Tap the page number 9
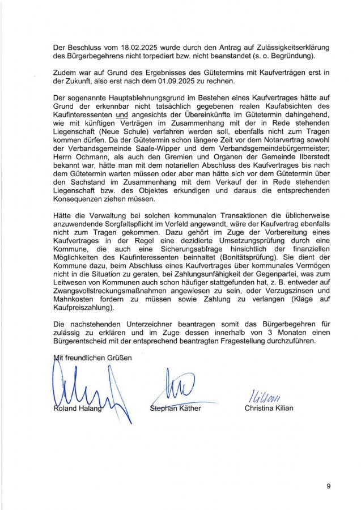coord(328,486)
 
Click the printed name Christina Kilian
coord(269,408)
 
